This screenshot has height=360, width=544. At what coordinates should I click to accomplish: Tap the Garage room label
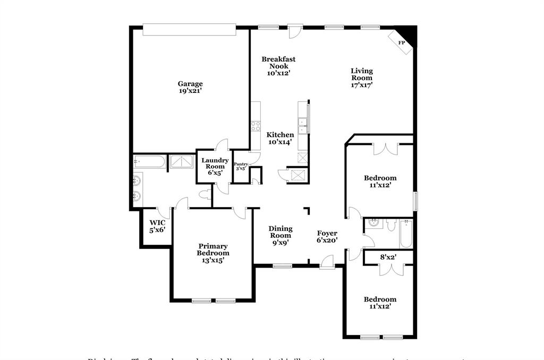pyautogui.click(x=190, y=84)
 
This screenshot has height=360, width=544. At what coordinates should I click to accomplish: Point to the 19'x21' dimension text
pyautogui.click(x=190, y=91)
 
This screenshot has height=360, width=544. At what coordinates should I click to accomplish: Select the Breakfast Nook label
pyautogui.click(x=278, y=63)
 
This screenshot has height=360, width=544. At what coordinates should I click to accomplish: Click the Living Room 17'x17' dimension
pyautogui.click(x=362, y=85)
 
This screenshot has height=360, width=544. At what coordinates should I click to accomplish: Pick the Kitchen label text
pyautogui.click(x=280, y=135)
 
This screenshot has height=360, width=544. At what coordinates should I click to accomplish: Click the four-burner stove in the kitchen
pyautogui.click(x=255, y=126)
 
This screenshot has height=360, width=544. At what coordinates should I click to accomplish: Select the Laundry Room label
pyautogui.click(x=215, y=164)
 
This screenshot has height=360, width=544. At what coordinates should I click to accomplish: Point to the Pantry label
pyautogui.click(x=241, y=165)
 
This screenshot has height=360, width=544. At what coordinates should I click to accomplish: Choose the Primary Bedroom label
pyautogui.click(x=213, y=250)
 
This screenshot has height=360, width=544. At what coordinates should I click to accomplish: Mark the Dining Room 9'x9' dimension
pyautogui.click(x=280, y=243)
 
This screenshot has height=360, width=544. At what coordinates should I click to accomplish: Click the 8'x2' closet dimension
pyautogui.click(x=388, y=258)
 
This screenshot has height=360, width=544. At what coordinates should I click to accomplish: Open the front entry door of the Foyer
pyautogui.click(x=327, y=263)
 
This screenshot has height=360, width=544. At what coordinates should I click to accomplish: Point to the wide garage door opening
pyautogui.click(x=190, y=30)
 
